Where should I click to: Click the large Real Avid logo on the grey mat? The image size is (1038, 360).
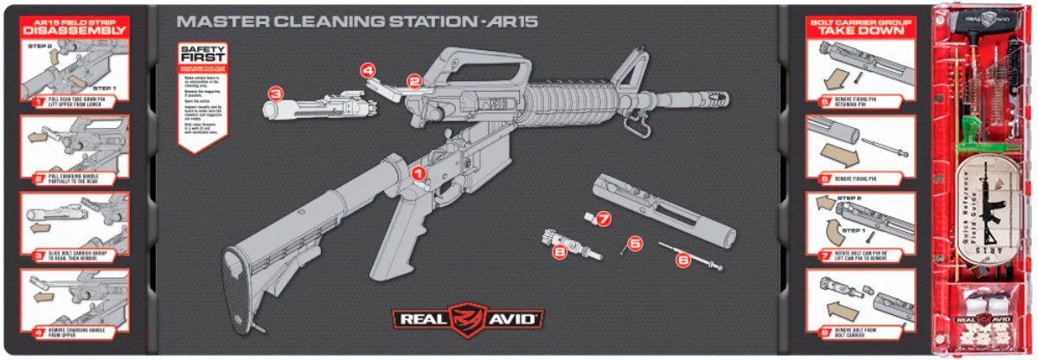pyautogui.click(x=468, y=317)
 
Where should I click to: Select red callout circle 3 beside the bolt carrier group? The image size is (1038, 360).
pyautogui.click(x=275, y=93)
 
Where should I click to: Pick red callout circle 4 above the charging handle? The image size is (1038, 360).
pyautogui.click(x=368, y=68)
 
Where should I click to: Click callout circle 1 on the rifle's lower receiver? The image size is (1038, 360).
pyautogui.click(x=420, y=173)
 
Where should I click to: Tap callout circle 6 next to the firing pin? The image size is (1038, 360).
pyautogui.click(x=682, y=258)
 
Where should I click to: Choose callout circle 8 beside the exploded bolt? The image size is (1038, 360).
pyautogui.click(x=560, y=252)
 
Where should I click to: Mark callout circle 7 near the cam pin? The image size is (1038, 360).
pyautogui.click(x=604, y=219)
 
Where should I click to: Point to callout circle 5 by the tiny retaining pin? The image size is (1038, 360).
pyautogui.click(x=636, y=243)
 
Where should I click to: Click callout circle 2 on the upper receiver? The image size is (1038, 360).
pyautogui.click(x=414, y=81)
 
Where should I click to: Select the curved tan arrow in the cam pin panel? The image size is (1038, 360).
pyautogui.click(x=827, y=232)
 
